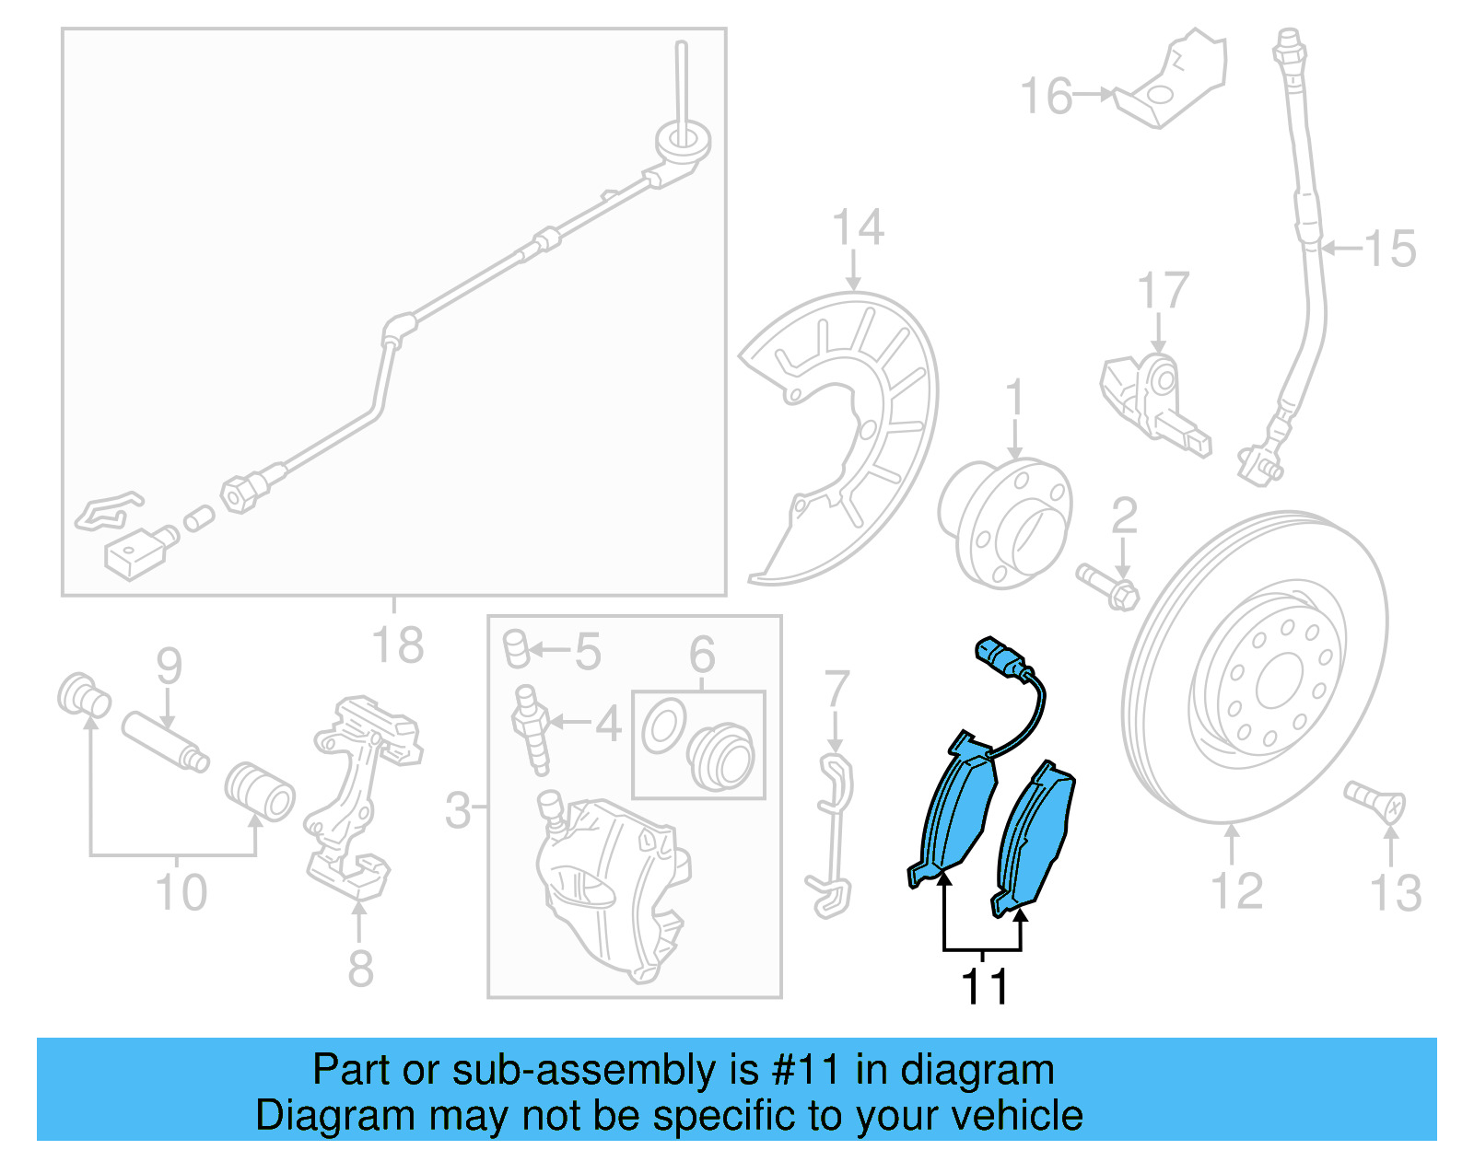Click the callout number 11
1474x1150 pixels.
pyautogui.click(x=984, y=986)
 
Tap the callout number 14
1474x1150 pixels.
pyautogui.click(x=857, y=227)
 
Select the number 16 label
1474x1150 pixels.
pyautogui.click(x=1047, y=96)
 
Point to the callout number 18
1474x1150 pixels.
pyautogui.click(x=397, y=645)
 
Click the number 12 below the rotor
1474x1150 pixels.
pyautogui.click(x=1235, y=891)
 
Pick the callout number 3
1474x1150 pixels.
pyautogui.click(x=458, y=810)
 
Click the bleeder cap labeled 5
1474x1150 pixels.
pyautogui.click(x=517, y=648)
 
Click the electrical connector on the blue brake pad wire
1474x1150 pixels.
pyautogui.click(x=999, y=656)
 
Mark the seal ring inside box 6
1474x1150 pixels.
pyautogui.click(x=663, y=726)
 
